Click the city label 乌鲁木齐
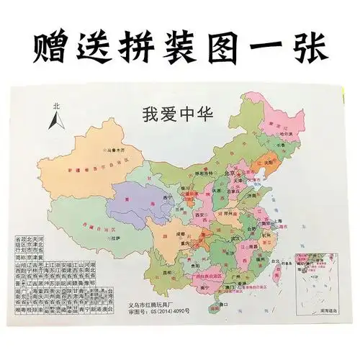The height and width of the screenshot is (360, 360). (114, 153)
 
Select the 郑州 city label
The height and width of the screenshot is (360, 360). (227, 214)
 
